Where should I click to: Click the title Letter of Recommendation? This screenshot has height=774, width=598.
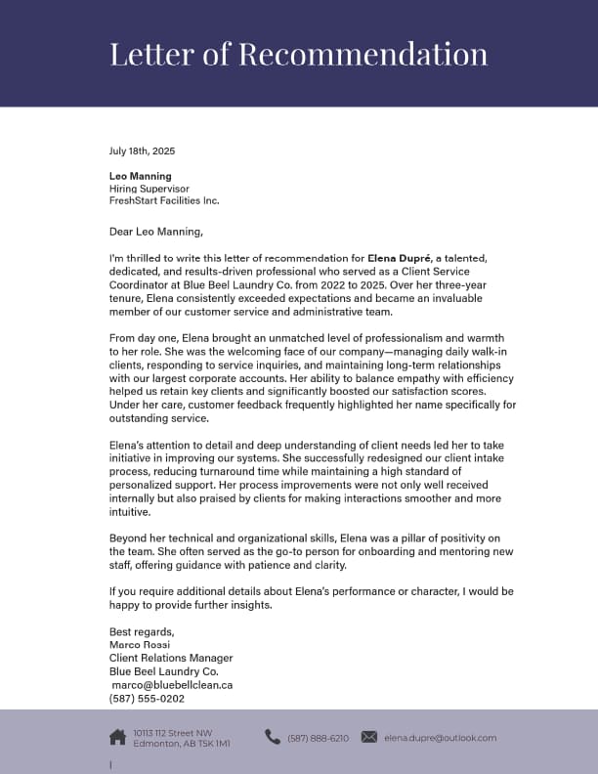pyautogui.click(x=298, y=54)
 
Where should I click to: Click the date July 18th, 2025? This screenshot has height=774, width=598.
pyautogui.click(x=142, y=151)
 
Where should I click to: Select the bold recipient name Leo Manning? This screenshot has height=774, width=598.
pyautogui.click(x=140, y=176)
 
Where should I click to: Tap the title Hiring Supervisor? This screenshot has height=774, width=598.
pyautogui.click(x=149, y=189)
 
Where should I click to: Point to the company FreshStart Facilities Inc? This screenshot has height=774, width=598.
pyautogui.click(x=164, y=200)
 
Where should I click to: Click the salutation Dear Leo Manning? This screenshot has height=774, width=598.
pyautogui.click(x=156, y=232)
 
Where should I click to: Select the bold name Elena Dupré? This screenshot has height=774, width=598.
pyautogui.click(x=401, y=259)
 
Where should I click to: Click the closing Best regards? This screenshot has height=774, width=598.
pyautogui.click(x=142, y=631)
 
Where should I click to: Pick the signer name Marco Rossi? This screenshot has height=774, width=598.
pyautogui.click(x=140, y=645)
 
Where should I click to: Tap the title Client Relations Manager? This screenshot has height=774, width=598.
pyautogui.click(x=171, y=659)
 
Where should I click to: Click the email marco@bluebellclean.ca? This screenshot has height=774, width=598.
pyautogui.click(x=172, y=685)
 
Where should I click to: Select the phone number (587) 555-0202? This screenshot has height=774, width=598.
pyautogui.click(x=147, y=699)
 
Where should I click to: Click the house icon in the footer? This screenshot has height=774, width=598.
pyautogui.click(x=117, y=737)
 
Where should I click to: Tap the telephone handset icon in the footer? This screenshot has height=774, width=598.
pyautogui.click(x=273, y=737)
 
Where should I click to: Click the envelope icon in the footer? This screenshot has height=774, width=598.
pyautogui.click(x=368, y=737)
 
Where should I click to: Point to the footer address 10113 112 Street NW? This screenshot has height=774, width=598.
pyautogui.click(x=173, y=732)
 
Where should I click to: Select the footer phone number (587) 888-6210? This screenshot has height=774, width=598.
pyautogui.click(x=318, y=738)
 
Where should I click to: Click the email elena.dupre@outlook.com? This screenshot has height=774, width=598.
pyautogui.click(x=440, y=738)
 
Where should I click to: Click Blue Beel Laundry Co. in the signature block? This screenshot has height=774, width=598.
pyautogui.click(x=163, y=671)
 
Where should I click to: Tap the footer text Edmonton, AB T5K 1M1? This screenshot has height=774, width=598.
pyautogui.click(x=182, y=744)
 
